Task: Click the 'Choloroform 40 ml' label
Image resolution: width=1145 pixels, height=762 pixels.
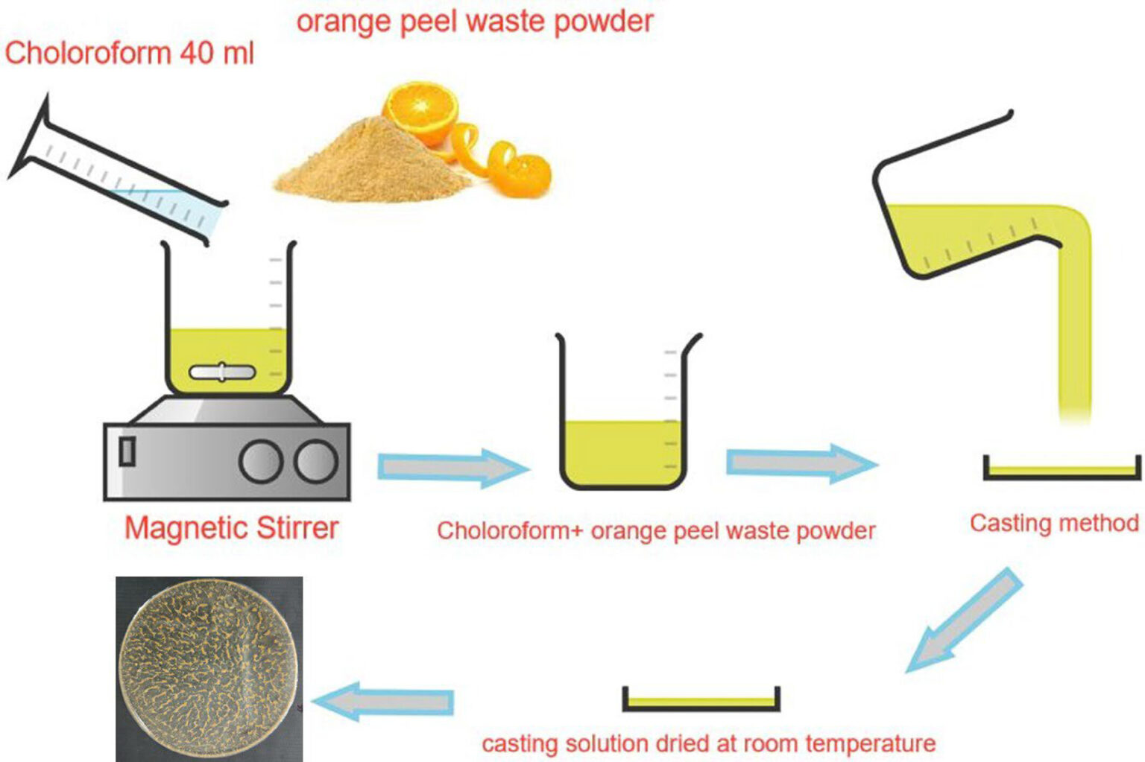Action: coord(129,54)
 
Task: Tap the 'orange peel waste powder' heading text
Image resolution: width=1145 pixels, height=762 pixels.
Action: coord(474,20)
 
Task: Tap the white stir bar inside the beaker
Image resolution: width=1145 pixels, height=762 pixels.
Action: coord(222,372)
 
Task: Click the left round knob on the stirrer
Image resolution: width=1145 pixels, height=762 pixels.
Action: coord(260,462)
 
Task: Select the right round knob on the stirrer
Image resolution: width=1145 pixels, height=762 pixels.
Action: coord(315,462)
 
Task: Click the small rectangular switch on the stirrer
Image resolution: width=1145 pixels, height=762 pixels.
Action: coord(127,451)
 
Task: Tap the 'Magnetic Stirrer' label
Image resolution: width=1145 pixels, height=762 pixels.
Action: coord(231,528)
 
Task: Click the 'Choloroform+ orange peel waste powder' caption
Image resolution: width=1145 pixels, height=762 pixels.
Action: coord(655,530)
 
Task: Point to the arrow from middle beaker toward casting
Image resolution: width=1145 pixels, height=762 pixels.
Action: coord(801,463)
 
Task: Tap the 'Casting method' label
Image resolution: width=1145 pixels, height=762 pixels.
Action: coord(1053,523)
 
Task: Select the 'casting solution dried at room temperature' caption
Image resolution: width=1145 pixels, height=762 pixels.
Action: coord(708,743)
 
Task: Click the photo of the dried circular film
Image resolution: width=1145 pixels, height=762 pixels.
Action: coord(209,668)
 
